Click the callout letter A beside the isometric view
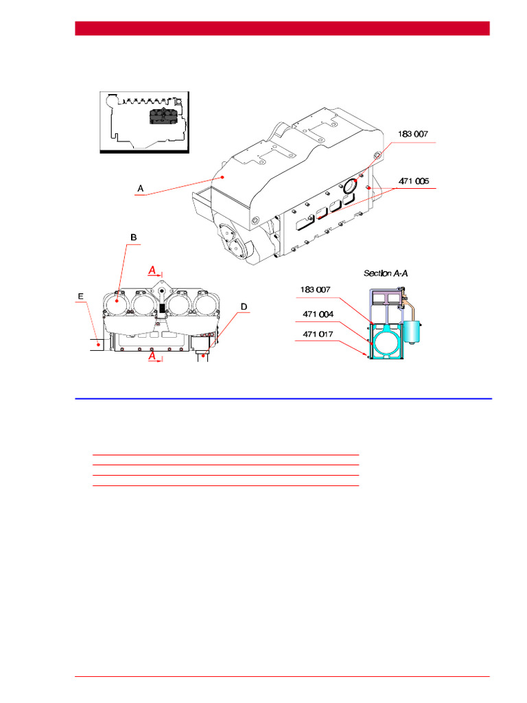[x=140, y=187]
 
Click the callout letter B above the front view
[x=134, y=238]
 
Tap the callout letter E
[x=81, y=296]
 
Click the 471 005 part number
[x=414, y=181]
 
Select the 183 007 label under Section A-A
[x=315, y=290]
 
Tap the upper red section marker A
[x=153, y=270]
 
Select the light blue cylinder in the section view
[x=414, y=333]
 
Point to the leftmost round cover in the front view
[x=117, y=303]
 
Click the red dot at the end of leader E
[x=99, y=342]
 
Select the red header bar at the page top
[x=282, y=28]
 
